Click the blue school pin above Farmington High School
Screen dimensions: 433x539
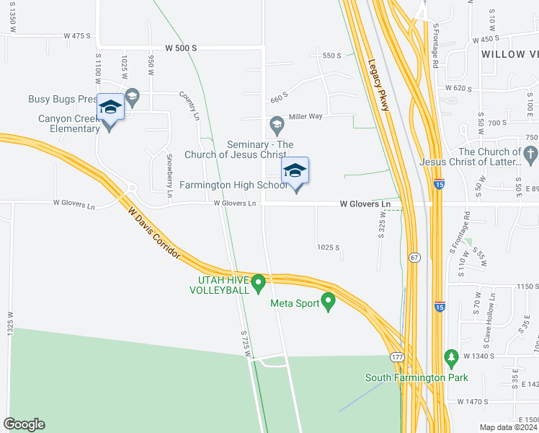click(295, 171)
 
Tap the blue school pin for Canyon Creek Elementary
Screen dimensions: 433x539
click(110, 108)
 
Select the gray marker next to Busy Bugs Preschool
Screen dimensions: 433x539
click(132, 96)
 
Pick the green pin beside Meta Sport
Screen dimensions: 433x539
click(329, 302)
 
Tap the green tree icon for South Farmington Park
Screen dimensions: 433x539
click(452, 358)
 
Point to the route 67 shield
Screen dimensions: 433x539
click(415, 258)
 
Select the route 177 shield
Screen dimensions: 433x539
click(397, 357)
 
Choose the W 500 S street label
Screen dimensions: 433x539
click(181, 48)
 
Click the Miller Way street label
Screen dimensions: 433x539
click(306, 115)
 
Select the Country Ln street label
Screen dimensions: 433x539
click(189, 105)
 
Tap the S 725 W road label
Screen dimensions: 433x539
click(246, 342)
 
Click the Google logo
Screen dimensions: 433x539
click(24, 424)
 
